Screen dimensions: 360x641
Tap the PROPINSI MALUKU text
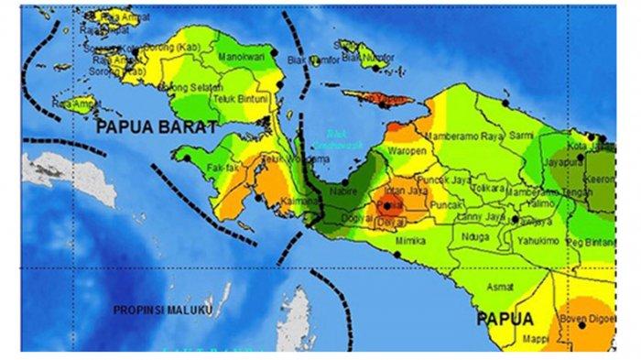coord(163,311)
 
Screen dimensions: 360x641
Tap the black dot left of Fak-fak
coord(186,158)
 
